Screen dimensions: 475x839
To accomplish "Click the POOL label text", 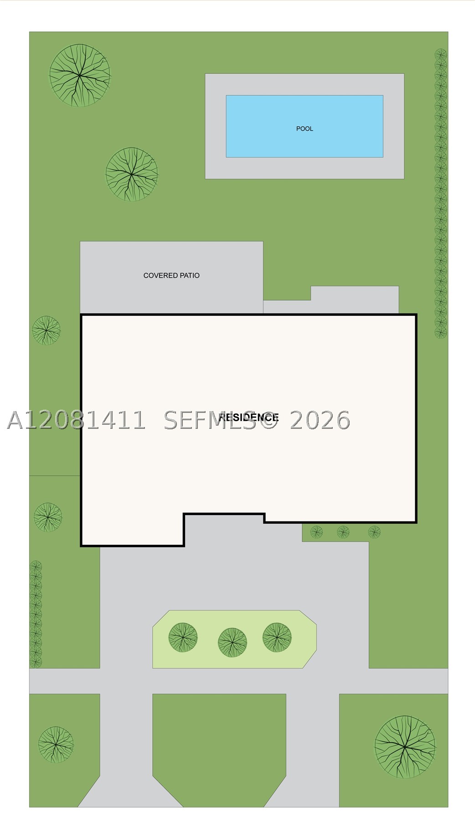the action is [x=305, y=129].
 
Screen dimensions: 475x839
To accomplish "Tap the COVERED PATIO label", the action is [x=171, y=276].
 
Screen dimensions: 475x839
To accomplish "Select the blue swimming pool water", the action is [x=305, y=126].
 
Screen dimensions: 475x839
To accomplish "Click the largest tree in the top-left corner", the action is [x=80, y=75].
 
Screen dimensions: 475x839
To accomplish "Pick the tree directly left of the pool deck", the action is [x=132, y=174].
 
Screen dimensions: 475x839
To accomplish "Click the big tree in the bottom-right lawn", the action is [x=405, y=747].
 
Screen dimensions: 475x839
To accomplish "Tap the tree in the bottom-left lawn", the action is [x=56, y=745].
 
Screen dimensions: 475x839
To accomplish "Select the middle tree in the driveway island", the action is [x=232, y=642].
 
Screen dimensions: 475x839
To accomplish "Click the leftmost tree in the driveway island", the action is [x=183, y=637].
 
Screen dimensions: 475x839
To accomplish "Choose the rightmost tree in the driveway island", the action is [x=277, y=637].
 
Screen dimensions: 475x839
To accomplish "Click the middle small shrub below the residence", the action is [x=343, y=532].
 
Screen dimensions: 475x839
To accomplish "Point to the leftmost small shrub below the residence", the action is [x=316, y=532].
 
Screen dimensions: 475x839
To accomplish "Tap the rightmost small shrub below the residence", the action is [x=374, y=532].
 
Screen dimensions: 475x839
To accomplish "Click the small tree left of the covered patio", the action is [x=46, y=330].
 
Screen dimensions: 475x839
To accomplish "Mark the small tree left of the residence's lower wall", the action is [x=48, y=517].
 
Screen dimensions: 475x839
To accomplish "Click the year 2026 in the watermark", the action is [x=320, y=420].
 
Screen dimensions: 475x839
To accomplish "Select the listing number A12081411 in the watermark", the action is [x=77, y=420].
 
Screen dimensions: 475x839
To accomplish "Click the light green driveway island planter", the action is [x=234, y=640].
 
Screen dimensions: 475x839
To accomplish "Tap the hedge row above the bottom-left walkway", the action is [x=36, y=615].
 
